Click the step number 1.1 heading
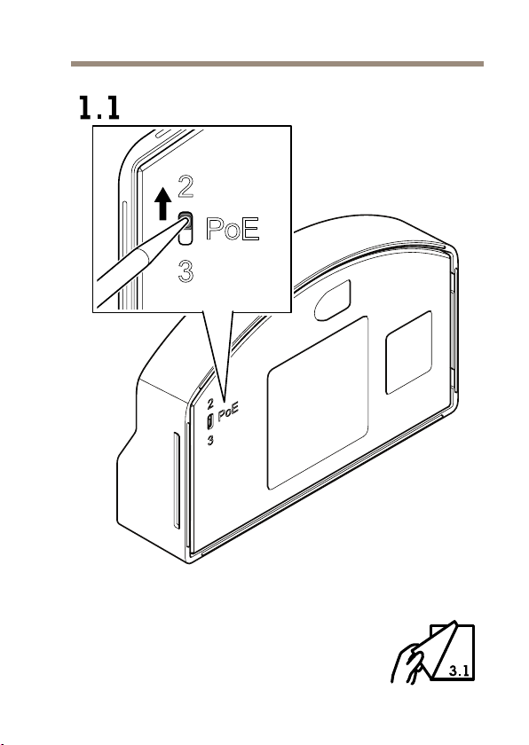99,107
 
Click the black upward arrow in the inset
163,203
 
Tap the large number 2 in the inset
186,186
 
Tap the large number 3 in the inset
186,271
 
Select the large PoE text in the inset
233,229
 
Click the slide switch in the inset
186,229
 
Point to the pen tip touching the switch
185,222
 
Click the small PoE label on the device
227,412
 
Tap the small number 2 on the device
210,404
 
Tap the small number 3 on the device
210,441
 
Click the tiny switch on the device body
210,421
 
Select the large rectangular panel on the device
318,403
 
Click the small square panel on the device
409,353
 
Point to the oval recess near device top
333,301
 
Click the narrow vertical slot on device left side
177,481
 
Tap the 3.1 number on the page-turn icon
459,670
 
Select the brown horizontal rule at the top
277,64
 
